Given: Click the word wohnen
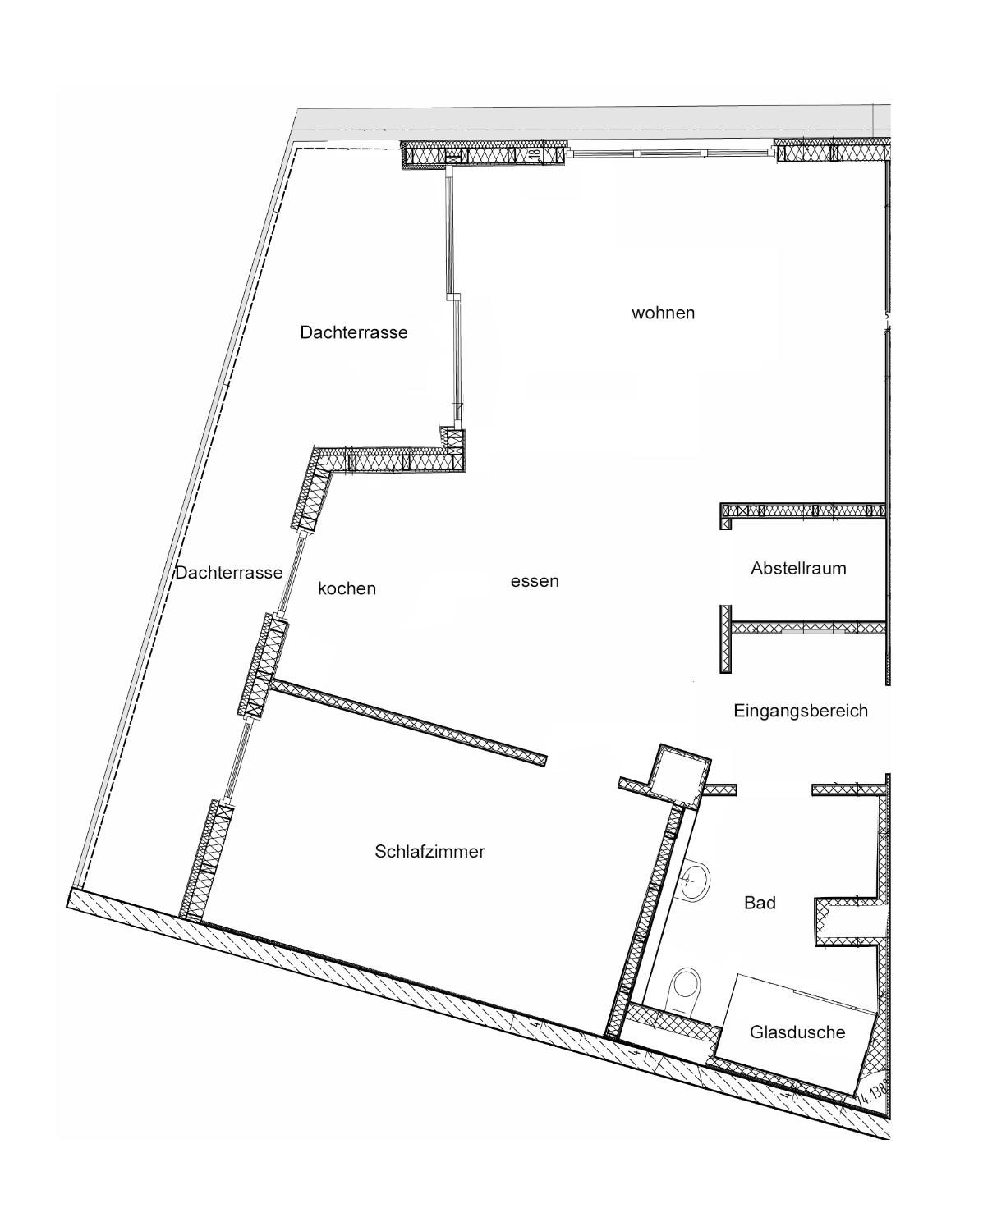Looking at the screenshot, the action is click(663, 313).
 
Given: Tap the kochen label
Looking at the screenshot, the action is click(347, 588).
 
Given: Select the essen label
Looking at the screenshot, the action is click(534, 581).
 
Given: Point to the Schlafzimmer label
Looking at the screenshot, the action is click(429, 852).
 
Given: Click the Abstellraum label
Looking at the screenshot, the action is click(798, 568).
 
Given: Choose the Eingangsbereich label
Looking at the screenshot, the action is click(801, 711).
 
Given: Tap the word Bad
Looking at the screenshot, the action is click(760, 904).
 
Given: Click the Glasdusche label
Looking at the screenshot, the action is click(797, 1032).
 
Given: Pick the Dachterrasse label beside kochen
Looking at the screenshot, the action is click(228, 573).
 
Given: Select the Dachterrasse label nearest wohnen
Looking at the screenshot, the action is click(354, 332).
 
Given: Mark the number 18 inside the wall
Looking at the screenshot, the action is click(534, 154).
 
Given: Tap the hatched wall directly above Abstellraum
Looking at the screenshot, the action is click(802, 511).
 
